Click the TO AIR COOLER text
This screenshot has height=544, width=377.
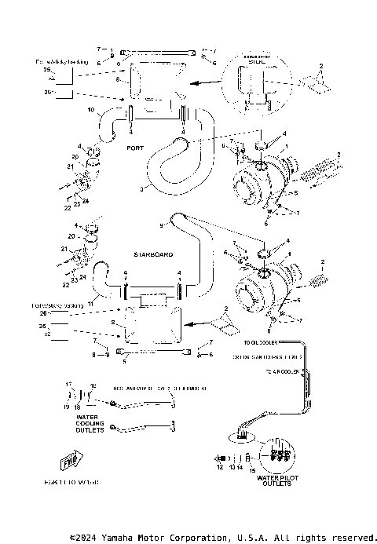click(x=281, y=371)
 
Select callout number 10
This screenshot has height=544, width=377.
click(x=91, y=108)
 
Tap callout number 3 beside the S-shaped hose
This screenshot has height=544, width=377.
click(x=141, y=189)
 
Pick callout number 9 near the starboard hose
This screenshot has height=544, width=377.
click(x=163, y=226)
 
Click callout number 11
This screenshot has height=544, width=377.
click(x=90, y=304)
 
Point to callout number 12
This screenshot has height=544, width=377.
click(x=221, y=467)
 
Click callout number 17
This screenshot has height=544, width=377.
click(x=68, y=385)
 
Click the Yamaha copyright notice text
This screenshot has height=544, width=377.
click(x=222, y=538)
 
